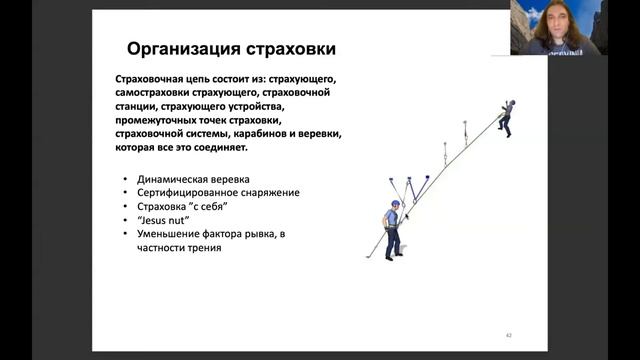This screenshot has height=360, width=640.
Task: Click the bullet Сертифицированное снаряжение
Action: (218, 192)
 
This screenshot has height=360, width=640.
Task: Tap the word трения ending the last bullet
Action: (201, 247)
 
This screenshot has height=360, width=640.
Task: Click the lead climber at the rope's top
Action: (506, 118)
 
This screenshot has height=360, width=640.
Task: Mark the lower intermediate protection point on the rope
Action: (445, 152)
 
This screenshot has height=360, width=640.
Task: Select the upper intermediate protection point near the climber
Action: (465, 130)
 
